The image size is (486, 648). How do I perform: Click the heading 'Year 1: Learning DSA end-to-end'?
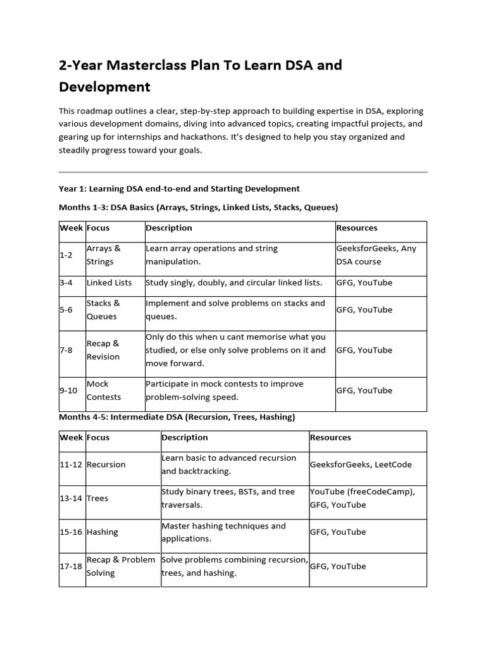pos(179,189)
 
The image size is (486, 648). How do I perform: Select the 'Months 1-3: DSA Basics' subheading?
pos(198,207)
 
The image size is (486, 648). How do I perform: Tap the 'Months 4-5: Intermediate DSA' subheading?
pos(177,417)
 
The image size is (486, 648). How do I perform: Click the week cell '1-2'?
pos(66,255)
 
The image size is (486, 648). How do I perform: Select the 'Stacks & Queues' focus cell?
pos(103,309)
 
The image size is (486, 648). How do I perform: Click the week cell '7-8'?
pos(66,350)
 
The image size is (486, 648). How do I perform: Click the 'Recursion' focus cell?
pos(106,464)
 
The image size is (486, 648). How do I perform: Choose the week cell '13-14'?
pos(72,498)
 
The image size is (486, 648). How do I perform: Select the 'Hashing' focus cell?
pos(102,532)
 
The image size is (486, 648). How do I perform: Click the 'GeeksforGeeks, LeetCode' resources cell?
pos(361,464)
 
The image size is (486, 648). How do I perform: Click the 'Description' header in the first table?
pos(169,228)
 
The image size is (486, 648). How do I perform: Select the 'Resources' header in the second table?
pos(330,437)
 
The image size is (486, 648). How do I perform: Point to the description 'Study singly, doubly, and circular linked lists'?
pos(234,283)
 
